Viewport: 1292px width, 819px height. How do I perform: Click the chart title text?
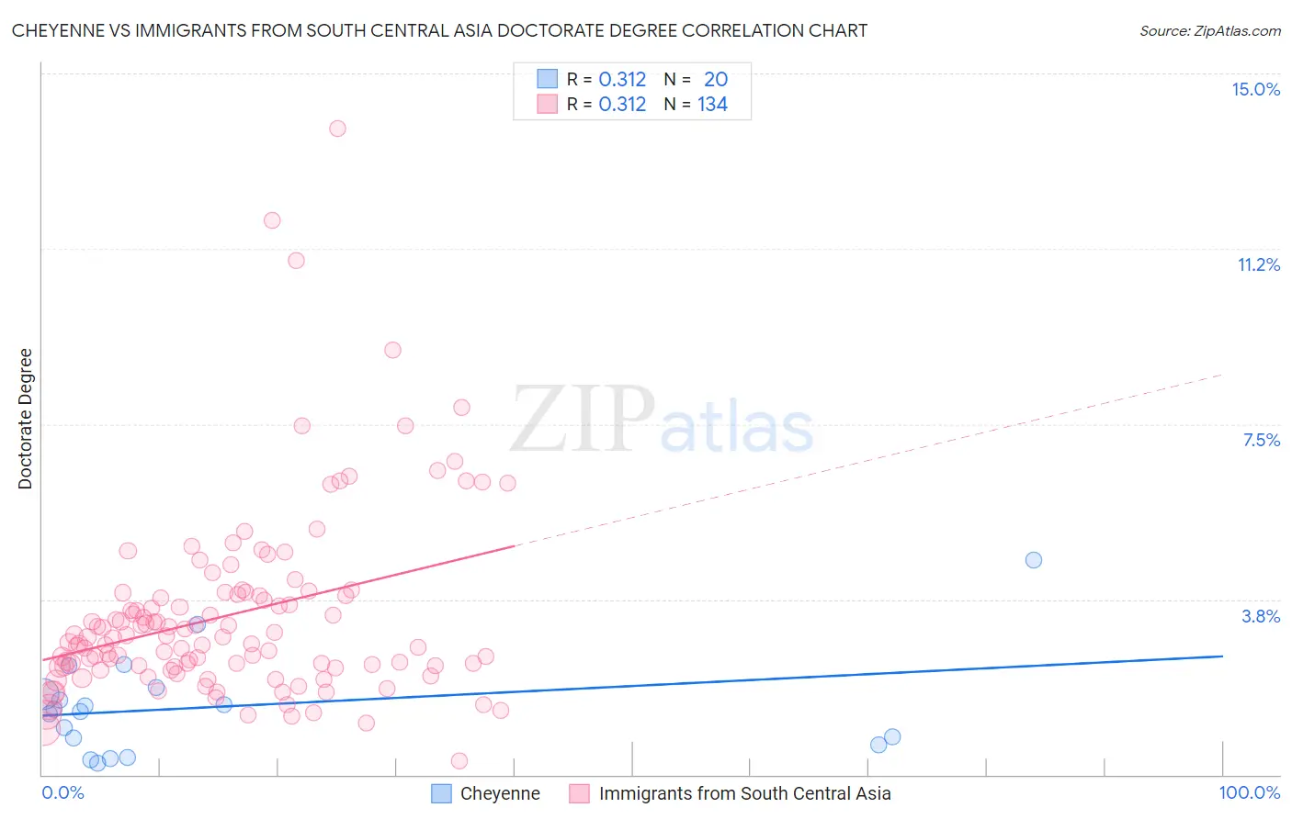tap(439, 30)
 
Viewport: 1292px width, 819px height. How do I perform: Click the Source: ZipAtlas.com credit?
tap(1209, 30)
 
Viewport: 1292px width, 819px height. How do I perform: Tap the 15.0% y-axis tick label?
tap(1255, 89)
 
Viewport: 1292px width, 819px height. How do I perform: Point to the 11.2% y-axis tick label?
tap(1258, 264)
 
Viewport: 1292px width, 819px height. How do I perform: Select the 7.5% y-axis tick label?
tap(1261, 440)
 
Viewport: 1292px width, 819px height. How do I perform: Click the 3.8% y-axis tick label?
tap(1261, 616)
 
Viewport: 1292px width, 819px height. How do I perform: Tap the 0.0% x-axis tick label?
tap(62, 792)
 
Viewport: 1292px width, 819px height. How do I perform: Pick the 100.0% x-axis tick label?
tap(1249, 792)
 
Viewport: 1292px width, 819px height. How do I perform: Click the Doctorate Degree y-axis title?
tap(25, 419)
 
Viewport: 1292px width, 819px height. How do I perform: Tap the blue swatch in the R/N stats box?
tap(548, 79)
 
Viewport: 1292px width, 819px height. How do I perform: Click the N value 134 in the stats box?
tap(712, 104)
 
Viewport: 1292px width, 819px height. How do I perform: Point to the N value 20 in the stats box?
tap(716, 79)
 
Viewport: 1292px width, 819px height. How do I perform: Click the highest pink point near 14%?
tap(337, 129)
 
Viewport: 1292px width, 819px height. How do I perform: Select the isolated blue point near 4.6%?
tap(1033, 560)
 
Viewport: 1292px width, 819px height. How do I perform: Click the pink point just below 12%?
tap(272, 220)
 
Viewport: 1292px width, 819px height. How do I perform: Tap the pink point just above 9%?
tap(392, 350)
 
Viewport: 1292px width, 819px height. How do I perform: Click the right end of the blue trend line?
tap(1222, 656)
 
